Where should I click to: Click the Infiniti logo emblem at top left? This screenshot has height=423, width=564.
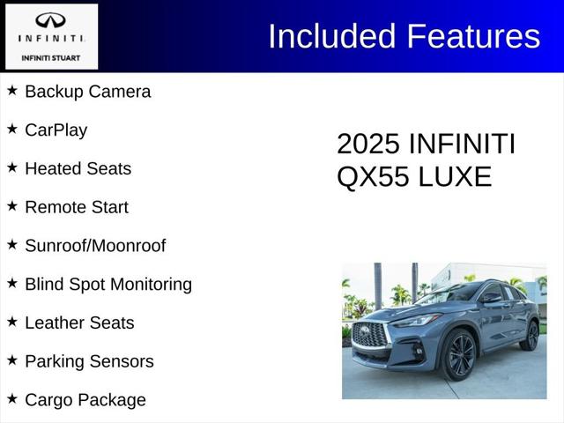(50, 21)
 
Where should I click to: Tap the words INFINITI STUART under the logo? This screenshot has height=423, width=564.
(50, 58)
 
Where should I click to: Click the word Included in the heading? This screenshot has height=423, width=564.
(332, 36)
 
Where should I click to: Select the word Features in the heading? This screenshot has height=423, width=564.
(472, 36)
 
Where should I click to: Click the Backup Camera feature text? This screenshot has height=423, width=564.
(87, 92)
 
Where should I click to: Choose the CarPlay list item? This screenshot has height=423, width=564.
(56, 130)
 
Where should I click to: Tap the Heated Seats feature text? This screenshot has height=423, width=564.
(78, 168)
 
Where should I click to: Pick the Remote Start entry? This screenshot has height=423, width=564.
(77, 207)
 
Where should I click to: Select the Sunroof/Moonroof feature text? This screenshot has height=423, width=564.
(95, 246)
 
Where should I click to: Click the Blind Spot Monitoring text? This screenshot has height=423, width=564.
(108, 285)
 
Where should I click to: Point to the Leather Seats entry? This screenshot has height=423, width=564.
(79, 323)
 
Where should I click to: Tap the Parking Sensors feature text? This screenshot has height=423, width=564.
(89, 361)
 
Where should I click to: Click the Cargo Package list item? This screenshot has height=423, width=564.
(85, 400)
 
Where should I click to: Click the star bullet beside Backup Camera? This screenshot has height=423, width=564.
(12, 90)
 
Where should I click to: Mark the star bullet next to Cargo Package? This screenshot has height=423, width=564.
(12, 398)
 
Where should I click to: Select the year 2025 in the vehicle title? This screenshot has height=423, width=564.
(369, 145)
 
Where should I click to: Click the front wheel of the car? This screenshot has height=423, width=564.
(461, 356)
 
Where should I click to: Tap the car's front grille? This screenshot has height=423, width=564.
(370, 335)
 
